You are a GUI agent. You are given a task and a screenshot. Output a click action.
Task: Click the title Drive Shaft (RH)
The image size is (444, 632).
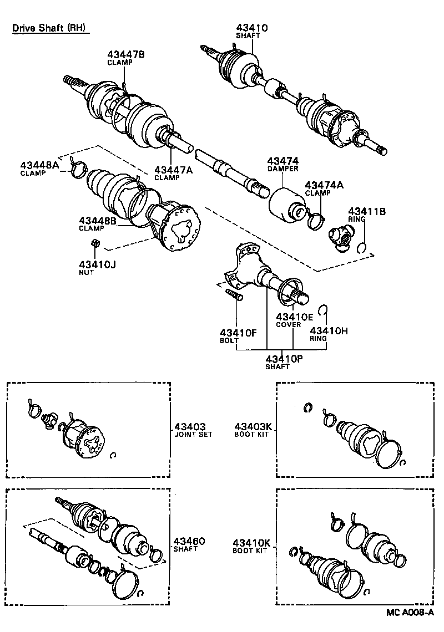[50, 28]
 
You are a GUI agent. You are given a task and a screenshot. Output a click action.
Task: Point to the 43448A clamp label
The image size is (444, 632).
[39, 169]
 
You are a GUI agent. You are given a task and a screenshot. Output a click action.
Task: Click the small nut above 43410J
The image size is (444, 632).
[94, 242]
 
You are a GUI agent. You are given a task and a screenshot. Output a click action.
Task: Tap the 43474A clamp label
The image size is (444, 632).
[324, 188]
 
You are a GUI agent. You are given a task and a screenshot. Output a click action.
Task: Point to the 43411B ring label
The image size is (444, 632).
[367, 215]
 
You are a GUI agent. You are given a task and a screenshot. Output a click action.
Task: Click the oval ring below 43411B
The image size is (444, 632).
[362, 247]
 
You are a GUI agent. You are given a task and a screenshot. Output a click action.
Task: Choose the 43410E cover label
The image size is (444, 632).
[295, 320]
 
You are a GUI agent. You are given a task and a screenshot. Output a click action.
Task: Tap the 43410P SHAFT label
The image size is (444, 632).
[284, 361]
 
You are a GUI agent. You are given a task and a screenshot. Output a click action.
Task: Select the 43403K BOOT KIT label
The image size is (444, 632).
[253, 430]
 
